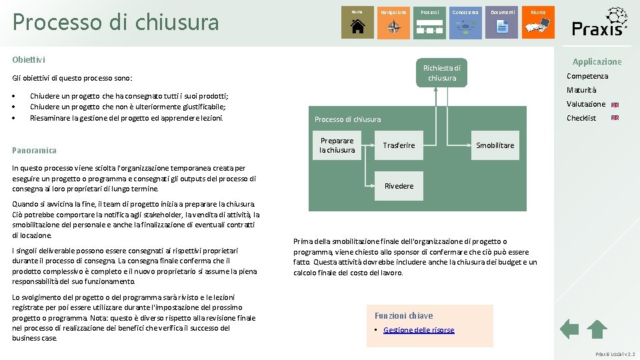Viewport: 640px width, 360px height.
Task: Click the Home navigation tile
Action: click(x=357, y=22)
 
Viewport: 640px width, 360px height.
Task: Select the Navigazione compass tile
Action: click(x=394, y=22)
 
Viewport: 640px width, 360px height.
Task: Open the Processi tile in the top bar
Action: click(x=430, y=22)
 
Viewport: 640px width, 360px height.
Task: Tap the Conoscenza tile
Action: click(x=465, y=22)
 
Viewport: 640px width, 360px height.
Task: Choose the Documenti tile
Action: click(x=502, y=22)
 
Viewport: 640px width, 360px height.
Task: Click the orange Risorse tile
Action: click(x=538, y=22)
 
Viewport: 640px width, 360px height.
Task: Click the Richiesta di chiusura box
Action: click(x=442, y=73)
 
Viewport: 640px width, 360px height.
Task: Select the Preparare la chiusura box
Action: click(x=337, y=145)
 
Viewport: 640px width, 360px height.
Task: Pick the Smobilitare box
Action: click(x=495, y=145)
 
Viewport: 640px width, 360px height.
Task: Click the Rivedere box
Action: click(x=399, y=186)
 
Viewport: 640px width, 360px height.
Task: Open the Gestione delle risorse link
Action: click(x=419, y=330)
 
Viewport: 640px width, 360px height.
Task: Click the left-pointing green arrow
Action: click(x=569, y=329)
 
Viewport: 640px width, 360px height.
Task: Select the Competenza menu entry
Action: click(x=587, y=76)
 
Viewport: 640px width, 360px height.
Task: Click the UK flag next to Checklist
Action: click(x=615, y=118)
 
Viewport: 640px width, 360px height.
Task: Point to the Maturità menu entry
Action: click(x=581, y=90)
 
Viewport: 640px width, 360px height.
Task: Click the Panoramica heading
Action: click(x=34, y=150)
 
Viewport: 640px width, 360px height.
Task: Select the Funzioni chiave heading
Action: click(x=403, y=315)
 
